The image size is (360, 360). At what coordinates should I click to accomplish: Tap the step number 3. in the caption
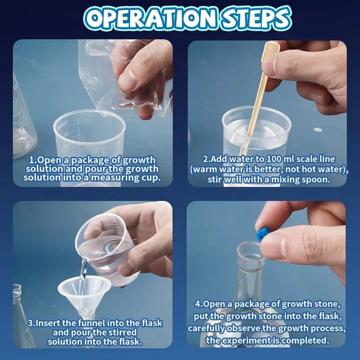(x=31, y=323)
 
